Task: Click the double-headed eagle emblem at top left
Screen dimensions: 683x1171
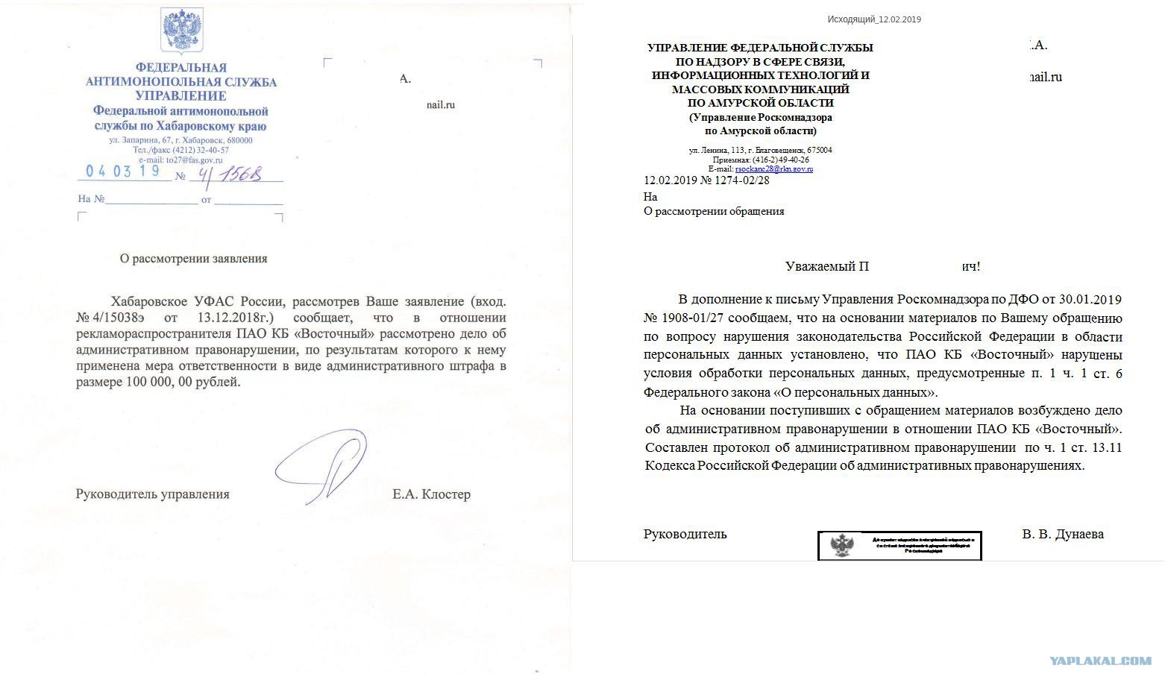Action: click(182, 31)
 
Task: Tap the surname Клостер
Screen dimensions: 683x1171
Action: click(446, 494)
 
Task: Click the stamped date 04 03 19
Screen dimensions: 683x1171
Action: click(123, 171)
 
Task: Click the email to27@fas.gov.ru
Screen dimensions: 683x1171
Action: click(186, 160)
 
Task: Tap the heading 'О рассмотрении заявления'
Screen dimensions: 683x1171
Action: click(193, 259)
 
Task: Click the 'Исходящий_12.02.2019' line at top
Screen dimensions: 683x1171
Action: click(874, 19)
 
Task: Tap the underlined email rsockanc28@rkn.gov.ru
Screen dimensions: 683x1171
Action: click(773, 169)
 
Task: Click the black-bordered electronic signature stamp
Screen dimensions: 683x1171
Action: click(900, 546)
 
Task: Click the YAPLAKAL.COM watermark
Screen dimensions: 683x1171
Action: click(1100, 661)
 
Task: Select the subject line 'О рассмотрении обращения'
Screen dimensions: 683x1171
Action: click(714, 211)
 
